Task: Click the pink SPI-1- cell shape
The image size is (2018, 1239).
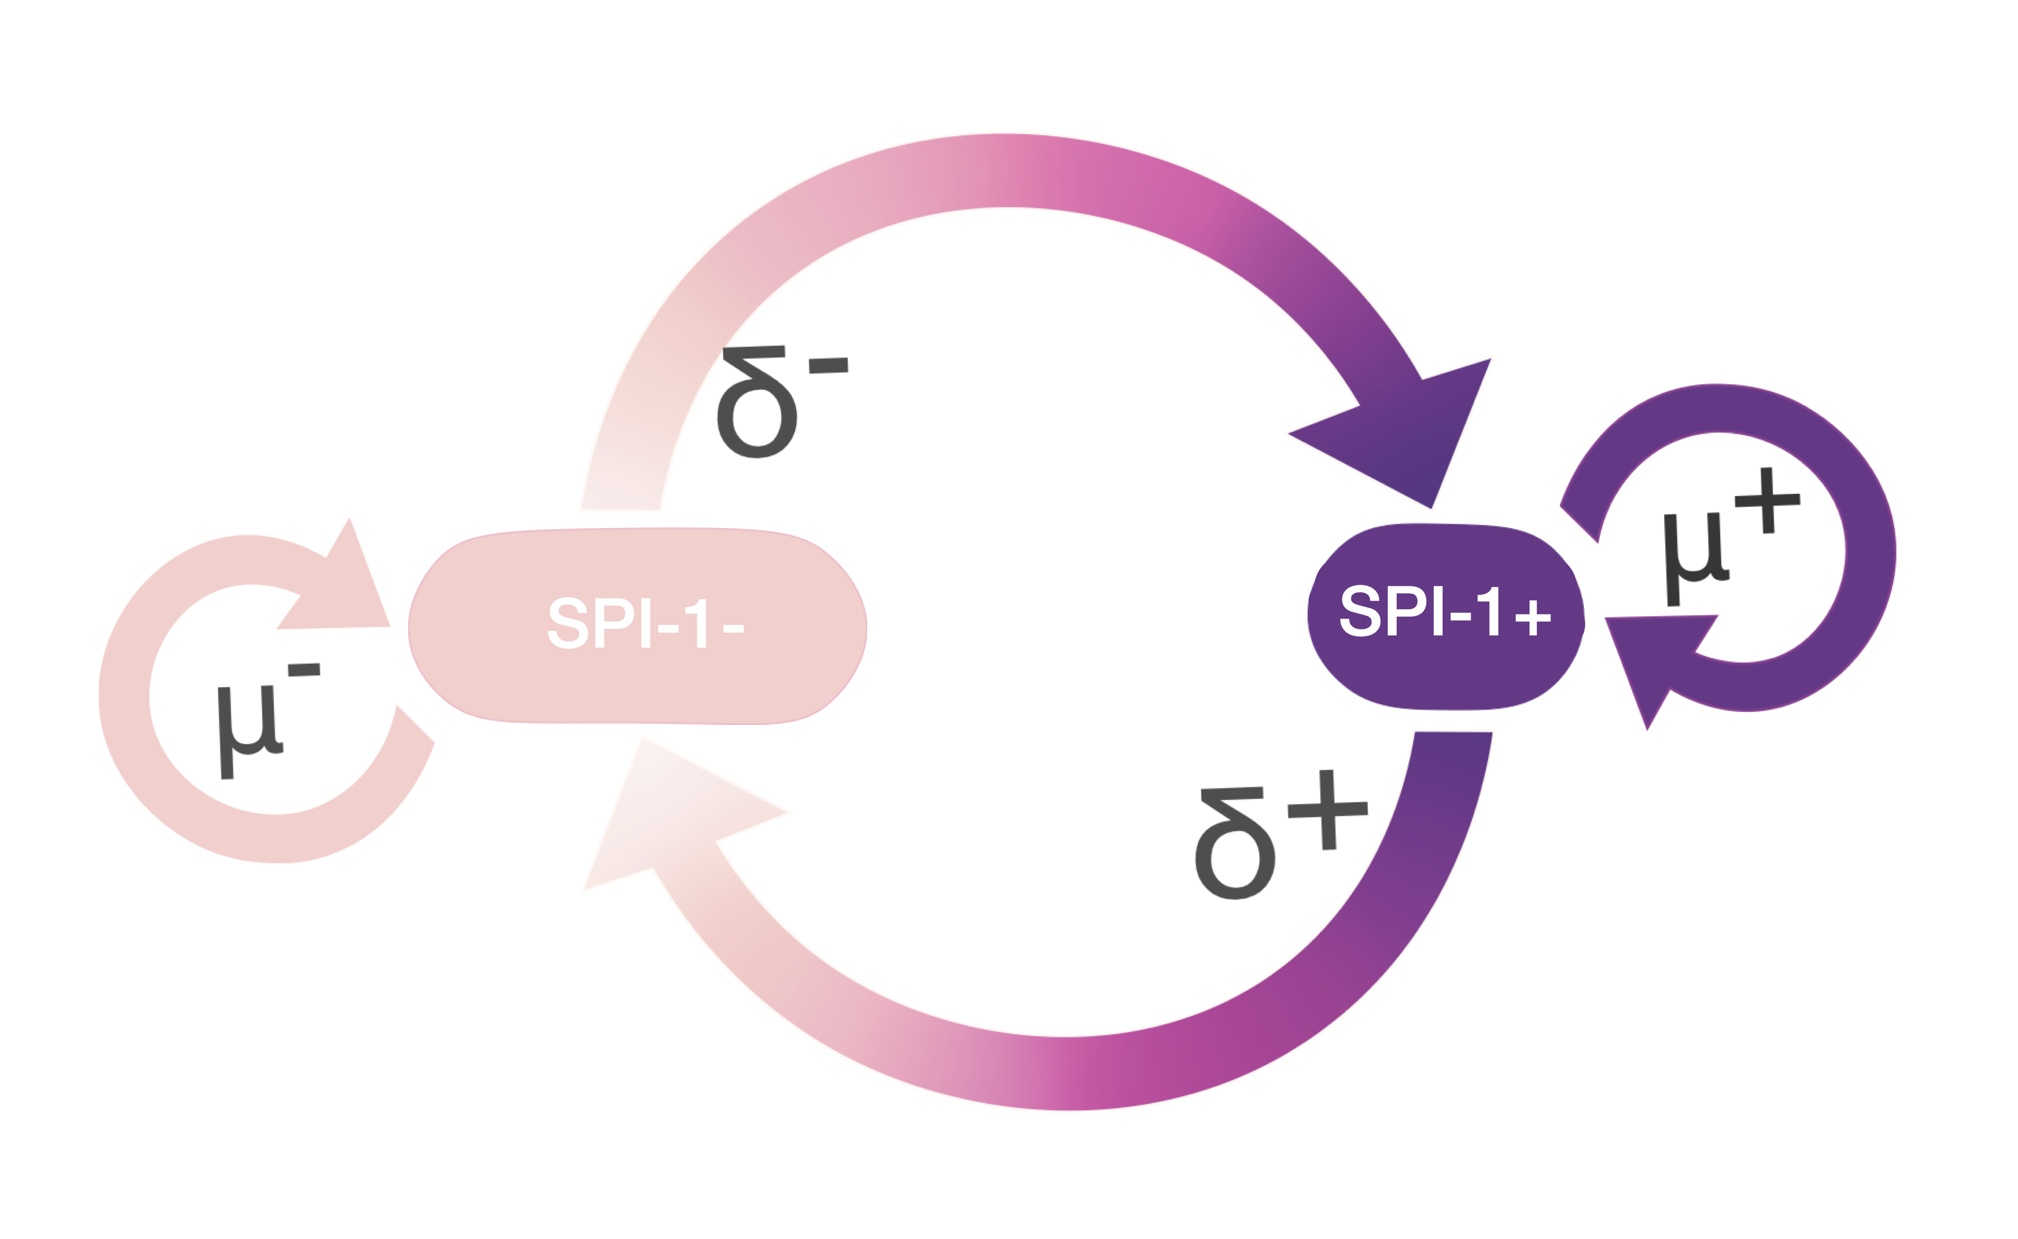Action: pos(638,626)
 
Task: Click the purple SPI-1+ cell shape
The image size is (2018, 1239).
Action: pos(1446,616)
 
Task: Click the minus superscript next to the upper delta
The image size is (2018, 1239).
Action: pos(828,366)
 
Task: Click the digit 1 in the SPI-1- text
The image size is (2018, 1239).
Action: pos(698,624)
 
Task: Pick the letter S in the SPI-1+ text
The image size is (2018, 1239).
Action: pos(1360,611)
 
